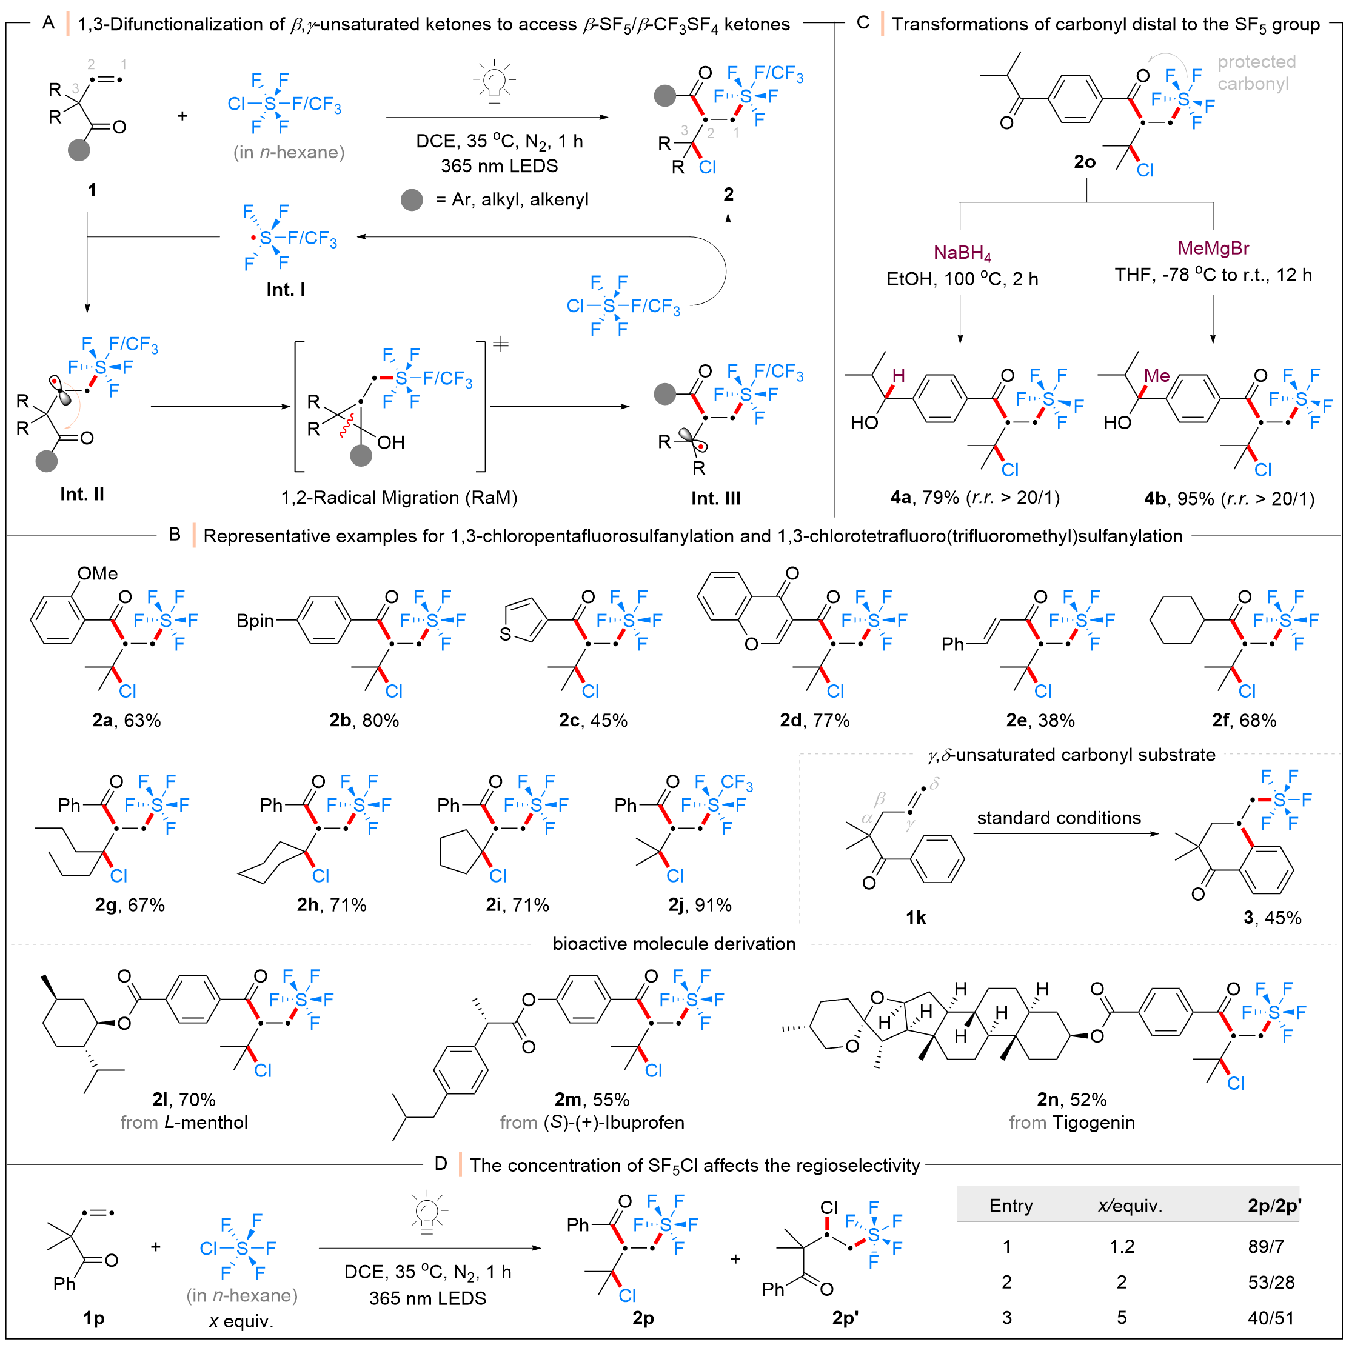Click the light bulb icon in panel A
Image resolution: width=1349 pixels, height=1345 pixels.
494,81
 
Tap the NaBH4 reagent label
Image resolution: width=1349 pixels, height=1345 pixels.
962,253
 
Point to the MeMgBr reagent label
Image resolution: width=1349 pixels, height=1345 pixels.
1213,248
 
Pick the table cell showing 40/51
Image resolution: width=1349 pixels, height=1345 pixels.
1271,1317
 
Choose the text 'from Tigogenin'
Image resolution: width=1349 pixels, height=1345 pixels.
1072,1123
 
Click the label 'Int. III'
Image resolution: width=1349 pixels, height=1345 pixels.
715,498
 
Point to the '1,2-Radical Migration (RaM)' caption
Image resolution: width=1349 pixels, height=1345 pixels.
399,497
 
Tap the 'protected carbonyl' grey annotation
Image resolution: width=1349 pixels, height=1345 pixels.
1256,73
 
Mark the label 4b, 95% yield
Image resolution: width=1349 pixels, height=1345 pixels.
1229,498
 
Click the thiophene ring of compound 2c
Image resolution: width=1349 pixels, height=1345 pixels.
524,621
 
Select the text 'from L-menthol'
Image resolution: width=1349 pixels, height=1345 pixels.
184,1123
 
